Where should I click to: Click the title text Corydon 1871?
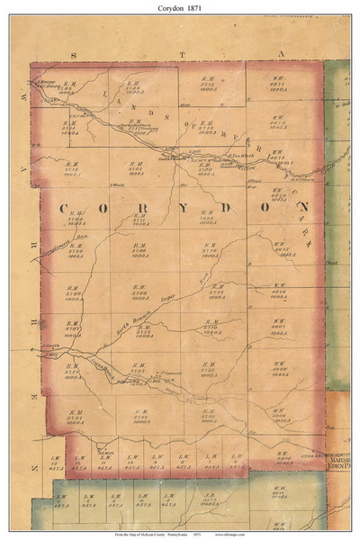[x=180, y=7]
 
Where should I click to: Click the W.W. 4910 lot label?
[x=284, y=458]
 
